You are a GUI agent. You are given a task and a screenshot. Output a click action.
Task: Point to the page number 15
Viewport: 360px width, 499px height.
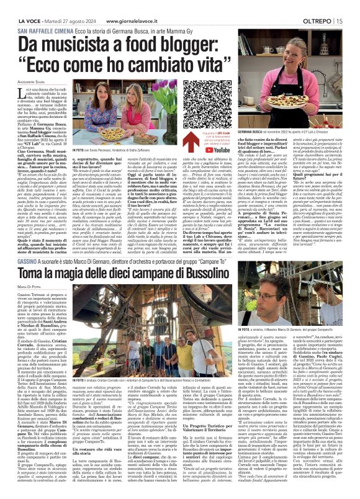coord(340,20)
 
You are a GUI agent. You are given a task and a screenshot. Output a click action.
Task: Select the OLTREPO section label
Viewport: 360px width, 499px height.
coord(316,20)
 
